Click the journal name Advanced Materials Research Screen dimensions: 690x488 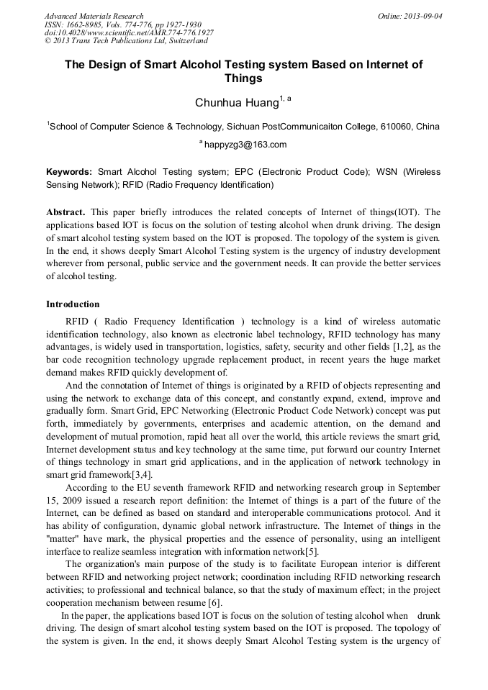click(x=94, y=16)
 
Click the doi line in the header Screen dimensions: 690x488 click(x=129, y=32)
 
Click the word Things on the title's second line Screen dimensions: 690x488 click(x=244, y=78)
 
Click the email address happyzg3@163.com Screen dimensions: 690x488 click(x=245, y=145)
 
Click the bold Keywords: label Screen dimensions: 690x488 click(x=69, y=173)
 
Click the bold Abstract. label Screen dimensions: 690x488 click(x=67, y=212)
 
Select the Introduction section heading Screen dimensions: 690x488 click(x=73, y=304)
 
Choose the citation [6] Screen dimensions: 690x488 click(x=214, y=603)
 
